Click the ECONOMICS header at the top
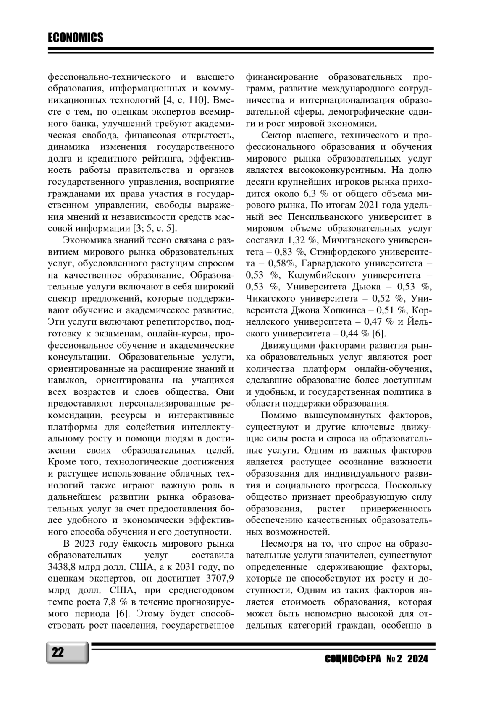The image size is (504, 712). (76, 38)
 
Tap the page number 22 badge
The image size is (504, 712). (58, 653)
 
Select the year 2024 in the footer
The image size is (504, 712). (417, 659)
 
